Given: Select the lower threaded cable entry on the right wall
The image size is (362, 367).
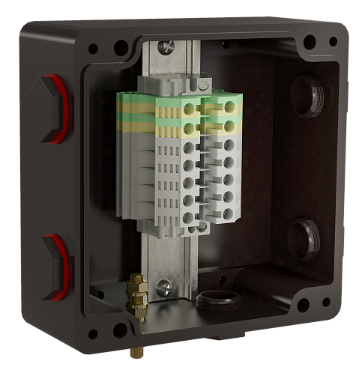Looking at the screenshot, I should coord(304,236).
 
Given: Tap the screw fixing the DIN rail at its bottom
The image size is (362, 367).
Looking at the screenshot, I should coord(163,285).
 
